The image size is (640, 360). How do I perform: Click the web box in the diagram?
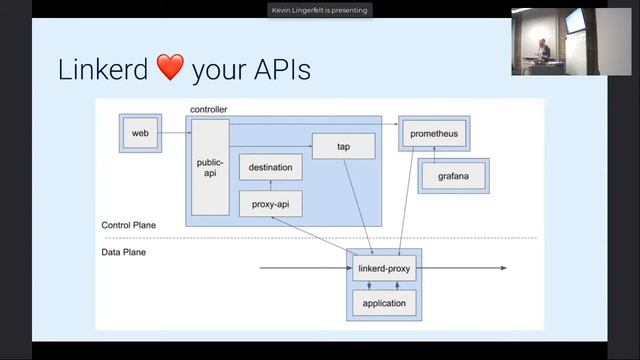pyautogui.click(x=140, y=133)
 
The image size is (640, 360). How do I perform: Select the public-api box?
pyautogui.click(x=210, y=166)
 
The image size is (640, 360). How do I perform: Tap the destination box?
pyautogui.click(x=270, y=167)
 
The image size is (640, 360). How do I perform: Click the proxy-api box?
pyautogui.click(x=270, y=203)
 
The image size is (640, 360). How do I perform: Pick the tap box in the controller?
pyautogui.click(x=343, y=146)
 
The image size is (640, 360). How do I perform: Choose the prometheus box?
pyautogui.click(x=434, y=133)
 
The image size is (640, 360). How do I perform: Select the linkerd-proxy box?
pyautogui.click(x=384, y=268)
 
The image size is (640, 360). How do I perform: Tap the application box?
pyautogui.click(x=384, y=303)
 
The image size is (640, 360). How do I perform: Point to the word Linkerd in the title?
pyautogui.click(x=102, y=70)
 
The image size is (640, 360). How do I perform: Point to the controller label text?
pyautogui.click(x=209, y=108)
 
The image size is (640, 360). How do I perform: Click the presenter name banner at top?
pyautogui.click(x=319, y=10)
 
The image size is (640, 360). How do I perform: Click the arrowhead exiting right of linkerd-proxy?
pyautogui.click(x=503, y=268)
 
